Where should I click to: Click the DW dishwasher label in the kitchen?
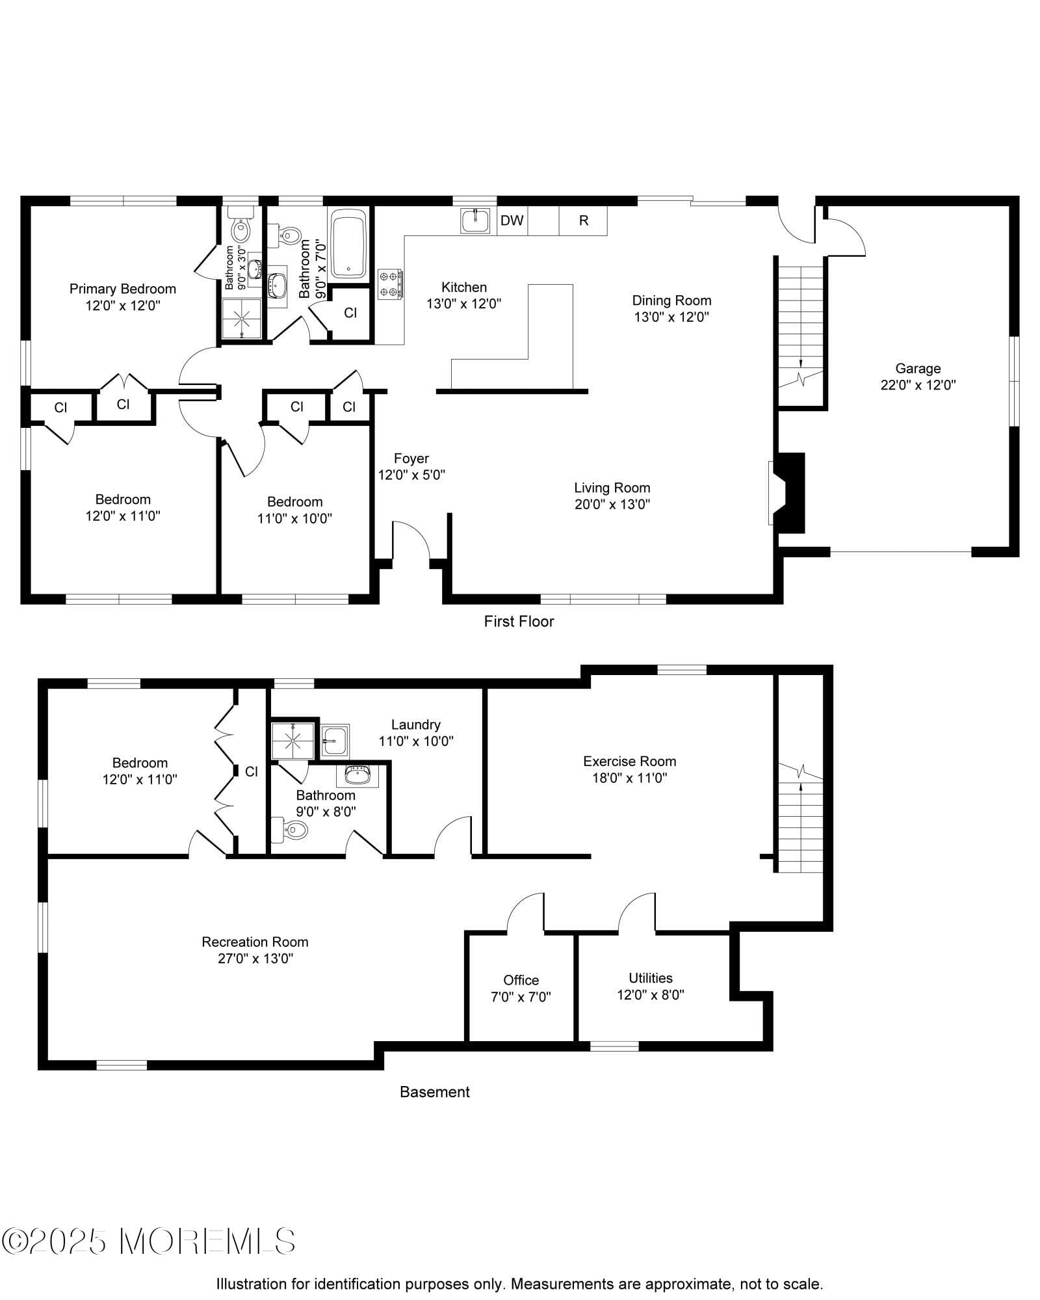(512, 220)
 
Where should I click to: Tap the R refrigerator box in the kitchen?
(583, 220)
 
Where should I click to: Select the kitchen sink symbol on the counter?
(476, 220)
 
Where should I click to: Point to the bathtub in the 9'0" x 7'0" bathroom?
(349, 243)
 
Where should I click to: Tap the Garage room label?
(917, 368)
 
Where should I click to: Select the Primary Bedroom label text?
(123, 289)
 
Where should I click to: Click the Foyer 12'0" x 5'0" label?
(411, 466)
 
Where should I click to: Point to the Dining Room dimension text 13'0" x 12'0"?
(671, 317)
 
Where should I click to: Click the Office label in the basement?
(521, 979)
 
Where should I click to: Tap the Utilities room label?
(650, 977)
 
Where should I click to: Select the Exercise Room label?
(629, 761)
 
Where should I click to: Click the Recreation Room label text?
(255, 941)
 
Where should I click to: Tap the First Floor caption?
(519, 621)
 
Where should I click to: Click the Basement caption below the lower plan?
(434, 1092)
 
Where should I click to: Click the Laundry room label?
(416, 724)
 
